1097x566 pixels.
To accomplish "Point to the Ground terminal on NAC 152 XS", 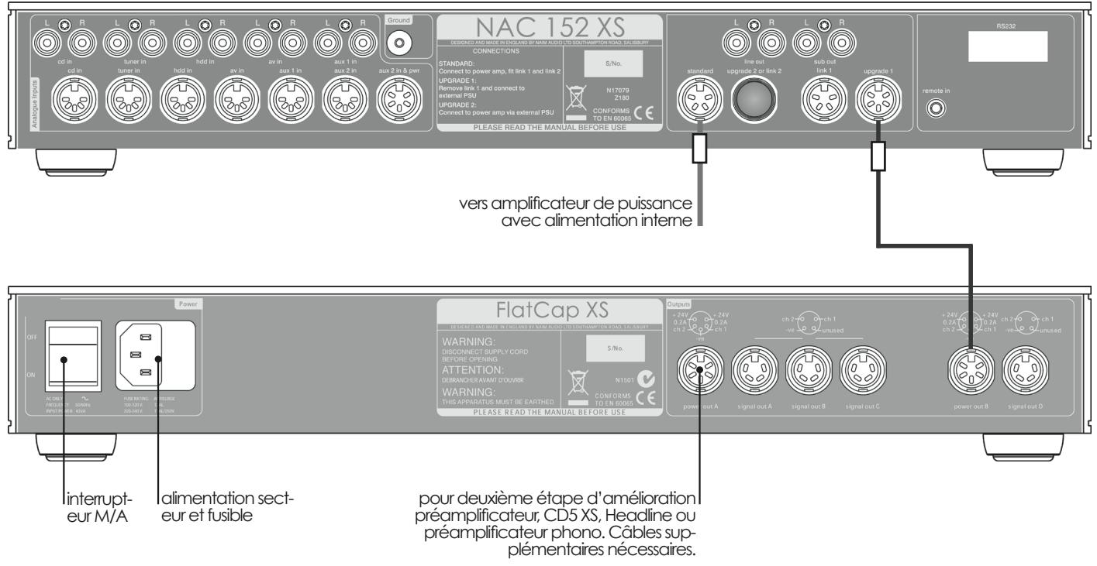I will pos(401,42).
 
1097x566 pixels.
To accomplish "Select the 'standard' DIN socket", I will pos(699,101).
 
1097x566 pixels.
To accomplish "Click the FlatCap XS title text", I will pos(550,310).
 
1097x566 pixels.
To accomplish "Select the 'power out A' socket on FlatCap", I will pos(700,369).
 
